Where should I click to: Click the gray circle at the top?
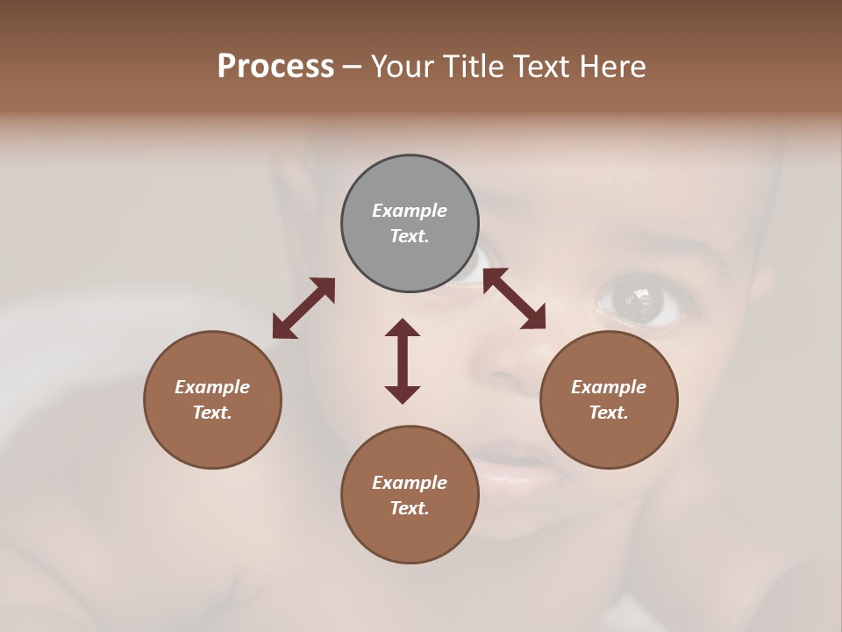pyautogui.click(x=410, y=223)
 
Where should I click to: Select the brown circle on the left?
pyautogui.click(x=212, y=399)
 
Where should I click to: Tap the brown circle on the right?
pyautogui.click(x=609, y=399)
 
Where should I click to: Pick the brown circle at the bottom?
pyautogui.click(x=410, y=495)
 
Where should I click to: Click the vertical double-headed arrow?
pyautogui.click(x=403, y=361)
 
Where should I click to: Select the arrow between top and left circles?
pyautogui.click(x=303, y=308)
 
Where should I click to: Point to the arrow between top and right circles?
pyautogui.click(x=514, y=298)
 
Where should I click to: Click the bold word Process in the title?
pyautogui.click(x=275, y=66)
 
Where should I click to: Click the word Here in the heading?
pyautogui.click(x=613, y=66)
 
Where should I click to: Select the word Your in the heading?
pyautogui.click(x=402, y=66)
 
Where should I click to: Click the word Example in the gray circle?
pyautogui.click(x=410, y=211)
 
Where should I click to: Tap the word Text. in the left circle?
pyautogui.click(x=212, y=413)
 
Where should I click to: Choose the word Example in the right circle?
pyautogui.click(x=609, y=387)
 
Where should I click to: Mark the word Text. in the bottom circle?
pyautogui.click(x=410, y=508)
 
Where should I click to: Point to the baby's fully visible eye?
pyautogui.click(x=645, y=301)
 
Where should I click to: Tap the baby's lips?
pyautogui.click(x=517, y=470)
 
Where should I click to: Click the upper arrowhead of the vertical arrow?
pyautogui.click(x=403, y=328)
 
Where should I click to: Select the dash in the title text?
pyautogui.click(x=353, y=67)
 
